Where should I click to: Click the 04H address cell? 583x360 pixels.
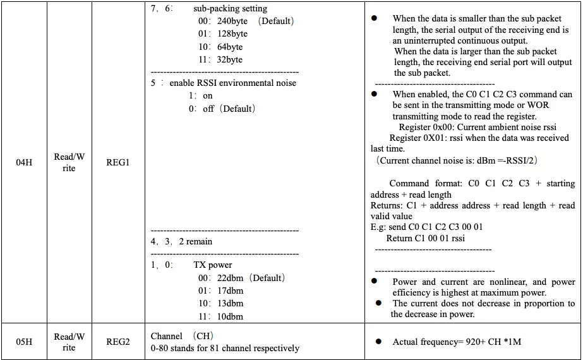pos(24,163)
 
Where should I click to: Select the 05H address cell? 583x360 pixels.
pos(24,342)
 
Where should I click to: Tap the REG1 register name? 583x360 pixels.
pos(117,163)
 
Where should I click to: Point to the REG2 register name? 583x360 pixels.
pos(117,342)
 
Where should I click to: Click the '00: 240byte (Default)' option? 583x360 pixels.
pos(246,21)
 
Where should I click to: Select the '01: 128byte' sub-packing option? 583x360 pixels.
pos(222,33)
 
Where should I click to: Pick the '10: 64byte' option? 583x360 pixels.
pos(220,47)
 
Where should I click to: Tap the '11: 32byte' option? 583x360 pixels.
pos(220,59)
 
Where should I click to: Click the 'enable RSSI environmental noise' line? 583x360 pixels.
pos(224,83)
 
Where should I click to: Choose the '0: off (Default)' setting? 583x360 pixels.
pos(222,109)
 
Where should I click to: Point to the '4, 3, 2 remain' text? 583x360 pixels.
pos(181,241)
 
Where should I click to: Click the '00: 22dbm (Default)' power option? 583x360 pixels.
pos(241,278)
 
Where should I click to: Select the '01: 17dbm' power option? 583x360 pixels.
pos(220,291)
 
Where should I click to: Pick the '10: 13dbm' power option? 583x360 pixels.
pos(220,304)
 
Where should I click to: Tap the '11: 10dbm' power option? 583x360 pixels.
pos(220,316)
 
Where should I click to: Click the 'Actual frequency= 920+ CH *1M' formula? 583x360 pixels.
pos(457,342)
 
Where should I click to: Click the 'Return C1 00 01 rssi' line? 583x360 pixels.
pos(425,238)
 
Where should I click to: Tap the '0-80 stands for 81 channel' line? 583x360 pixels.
pos(225,348)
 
